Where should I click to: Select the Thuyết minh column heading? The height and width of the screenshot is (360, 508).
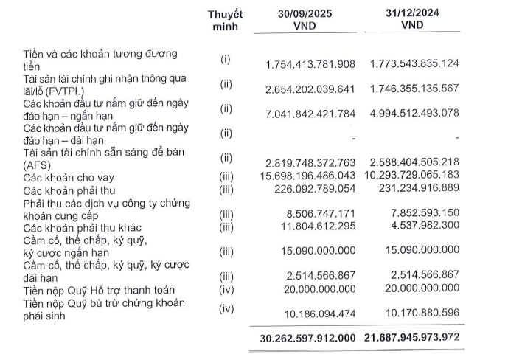tap(225, 20)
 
